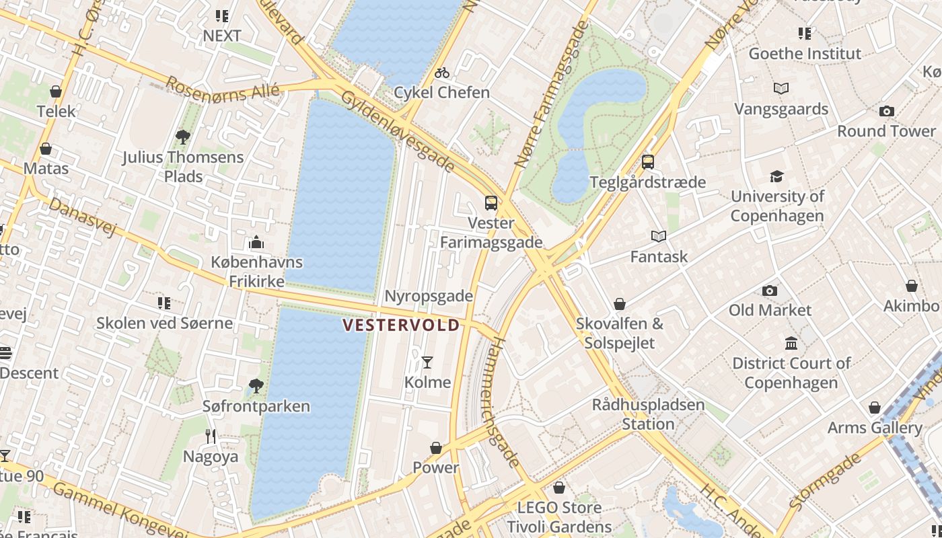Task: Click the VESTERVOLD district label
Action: [x=401, y=325]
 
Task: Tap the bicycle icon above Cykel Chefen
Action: [x=441, y=73]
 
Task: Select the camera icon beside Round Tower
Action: [x=887, y=111]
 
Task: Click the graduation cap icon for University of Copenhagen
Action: [x=777, y=176]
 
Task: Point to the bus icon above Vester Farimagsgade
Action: [x=491, y=202]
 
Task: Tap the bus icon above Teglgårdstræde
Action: [x=647, y=162]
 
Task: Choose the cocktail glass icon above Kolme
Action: [x=427, y=362]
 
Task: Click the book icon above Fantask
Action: [x=659, y=237]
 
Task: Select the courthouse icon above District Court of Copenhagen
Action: [x=791, y=344]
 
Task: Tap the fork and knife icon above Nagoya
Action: [x=211, y=436]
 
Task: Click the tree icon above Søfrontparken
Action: [x=256, y=386]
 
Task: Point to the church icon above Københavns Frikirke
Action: [x=256, y=242]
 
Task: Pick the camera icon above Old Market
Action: [x=770, y=291]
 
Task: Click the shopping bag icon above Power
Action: [x=436, y=448]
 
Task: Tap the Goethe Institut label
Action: [x=805, y=54]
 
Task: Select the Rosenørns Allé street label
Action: [x=222, y=87]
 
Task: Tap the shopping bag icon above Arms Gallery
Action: [x=874, y=408]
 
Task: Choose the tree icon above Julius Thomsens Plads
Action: [x=182, y=137]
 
